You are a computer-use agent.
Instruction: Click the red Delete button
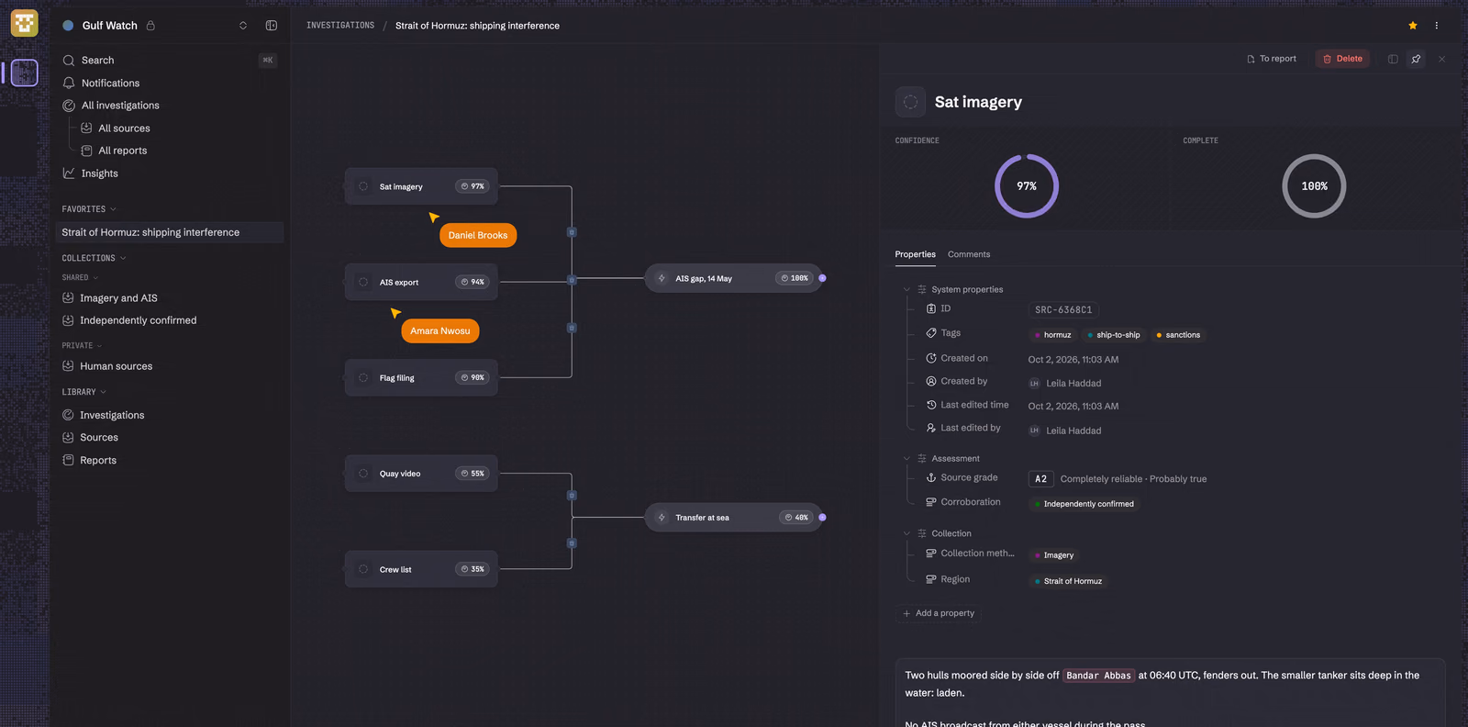pyautogui.click(x=1342, y=59)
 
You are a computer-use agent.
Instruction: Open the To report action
pyautogui.click(x=1272, y=59)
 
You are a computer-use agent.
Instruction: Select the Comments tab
pyautogui.click(x=969, y=254)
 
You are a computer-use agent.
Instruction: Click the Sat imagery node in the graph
pyautogui.click(x=421, y=186)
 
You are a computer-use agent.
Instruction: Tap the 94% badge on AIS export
pyautogui.click(x=472, y=282)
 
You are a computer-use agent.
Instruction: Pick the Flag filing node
pyautogui.click(x=421, y=377)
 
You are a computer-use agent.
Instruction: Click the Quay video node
pyautogui.click(x=421, y=474)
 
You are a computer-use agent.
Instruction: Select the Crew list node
pyautogui.click(x=421, y=569)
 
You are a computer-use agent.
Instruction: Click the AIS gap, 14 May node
pyautogui.click(x=733, y=278)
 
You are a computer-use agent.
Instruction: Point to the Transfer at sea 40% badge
pyautogui.click(x=796, y=517)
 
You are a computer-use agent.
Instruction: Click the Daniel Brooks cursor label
pyautogui.click(x=478, y=235)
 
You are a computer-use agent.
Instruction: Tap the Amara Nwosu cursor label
pyautogui.click(x=439, y=331)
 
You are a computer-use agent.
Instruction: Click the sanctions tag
pyautogui.click(x=1178, y=335)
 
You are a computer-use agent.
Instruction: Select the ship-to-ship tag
pyautogui.click(x=1113, y=335)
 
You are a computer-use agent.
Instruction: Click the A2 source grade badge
pyautogui.click(x=1040, y=478)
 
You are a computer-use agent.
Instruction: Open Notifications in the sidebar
pyautogui.click(x=110, y=84)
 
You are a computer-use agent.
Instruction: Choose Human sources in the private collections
pyautogui.click(x=116, y=366)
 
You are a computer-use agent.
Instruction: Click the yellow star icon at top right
pyautogui.click(x=1412, y=26)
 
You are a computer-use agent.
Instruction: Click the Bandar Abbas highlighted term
pyautogui.click(x=1098, y=676)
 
